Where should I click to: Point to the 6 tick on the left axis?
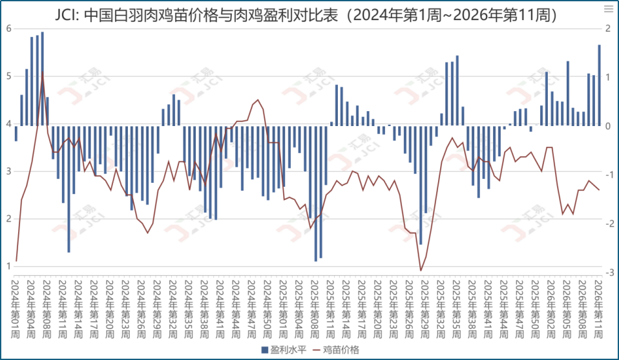coord(8,28)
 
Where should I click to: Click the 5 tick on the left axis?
coord(8,76)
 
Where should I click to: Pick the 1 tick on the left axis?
coord(8,266)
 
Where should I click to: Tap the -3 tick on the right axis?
coord(608,271)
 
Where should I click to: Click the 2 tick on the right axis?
coord(608,28)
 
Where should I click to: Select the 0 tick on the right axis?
coord(608,125)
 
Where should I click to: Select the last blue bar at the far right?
coord(599,85)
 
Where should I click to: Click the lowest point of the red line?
coord(421,271)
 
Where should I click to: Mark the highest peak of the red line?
coord(43,73)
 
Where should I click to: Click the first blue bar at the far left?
coord(16,133)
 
